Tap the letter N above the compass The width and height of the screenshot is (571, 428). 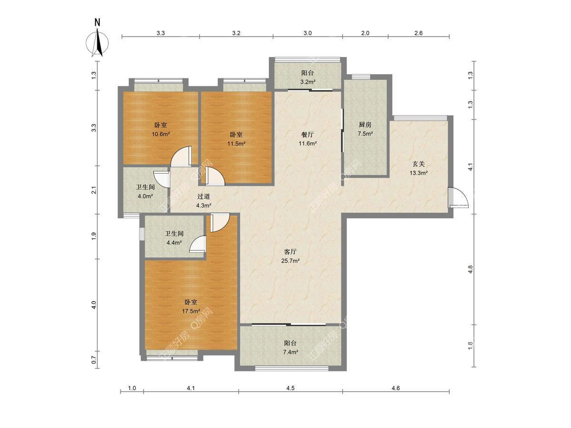(98, 23)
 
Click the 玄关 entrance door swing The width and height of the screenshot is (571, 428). (458, 197)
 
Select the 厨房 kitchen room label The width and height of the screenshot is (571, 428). (365, 125)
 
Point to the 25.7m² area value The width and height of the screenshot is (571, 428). (290, 261)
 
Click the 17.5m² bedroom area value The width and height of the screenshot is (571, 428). (191, 311)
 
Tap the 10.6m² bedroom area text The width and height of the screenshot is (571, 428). (161, 134)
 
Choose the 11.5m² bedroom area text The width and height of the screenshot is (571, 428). (236, 144)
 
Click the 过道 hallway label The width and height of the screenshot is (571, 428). (204, 196)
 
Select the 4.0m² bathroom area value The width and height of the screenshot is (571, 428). (145, 196)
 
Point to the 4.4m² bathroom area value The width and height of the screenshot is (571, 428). (174, 243)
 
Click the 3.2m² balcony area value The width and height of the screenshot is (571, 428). (308, 82)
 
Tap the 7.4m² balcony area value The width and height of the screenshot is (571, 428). (290, 352)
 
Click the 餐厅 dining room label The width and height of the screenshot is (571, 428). (307, 135)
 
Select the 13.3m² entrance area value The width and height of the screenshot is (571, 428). (419, 173)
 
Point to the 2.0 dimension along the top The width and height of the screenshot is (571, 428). (365, 33)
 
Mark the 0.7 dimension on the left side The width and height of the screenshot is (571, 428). (94, 360)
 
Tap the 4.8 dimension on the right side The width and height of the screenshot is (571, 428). (470, 269)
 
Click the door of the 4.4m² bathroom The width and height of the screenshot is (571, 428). (197, 244)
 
